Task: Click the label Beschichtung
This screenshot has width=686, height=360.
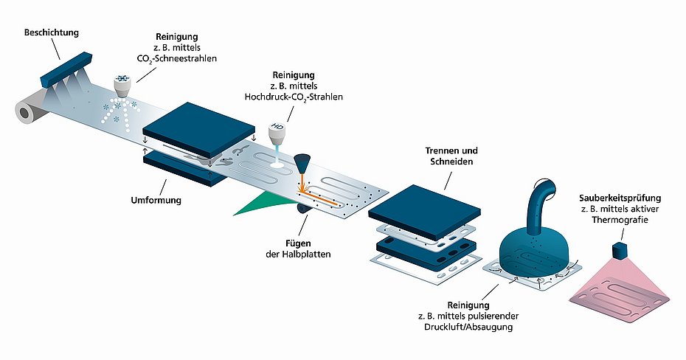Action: [51, 32]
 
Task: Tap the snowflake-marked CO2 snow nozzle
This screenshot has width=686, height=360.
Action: [122, 86]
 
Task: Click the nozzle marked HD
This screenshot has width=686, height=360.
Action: [277, 131]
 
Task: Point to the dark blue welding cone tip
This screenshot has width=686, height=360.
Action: [302, 165]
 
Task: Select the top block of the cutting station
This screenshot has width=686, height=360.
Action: [424, 211]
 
